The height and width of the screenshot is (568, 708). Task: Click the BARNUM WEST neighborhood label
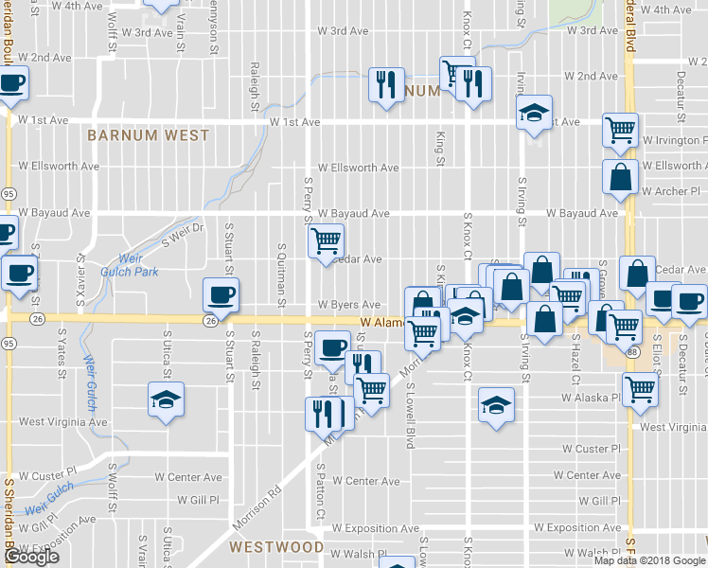click(148, 135)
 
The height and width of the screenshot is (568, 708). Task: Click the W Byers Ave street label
click(348, 305)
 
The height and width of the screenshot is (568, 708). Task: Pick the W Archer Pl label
click(669, 191)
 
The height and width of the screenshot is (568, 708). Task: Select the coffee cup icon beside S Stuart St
click(221, 294)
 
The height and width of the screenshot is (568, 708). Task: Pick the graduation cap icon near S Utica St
click(166, 399)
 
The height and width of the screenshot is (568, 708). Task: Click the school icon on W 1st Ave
click(534, 113)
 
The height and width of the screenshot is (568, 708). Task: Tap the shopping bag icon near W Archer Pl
click(621, 177)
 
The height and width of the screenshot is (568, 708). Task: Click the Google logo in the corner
click(31, 557)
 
